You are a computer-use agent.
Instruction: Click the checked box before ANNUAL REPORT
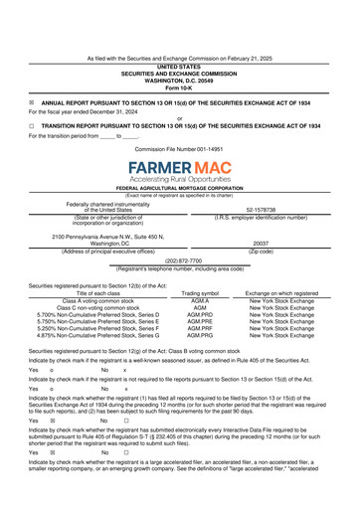(x=32, y=102)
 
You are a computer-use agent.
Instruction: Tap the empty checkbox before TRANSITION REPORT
(x=32, y=127)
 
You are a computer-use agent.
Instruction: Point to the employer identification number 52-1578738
(x=262, y=210)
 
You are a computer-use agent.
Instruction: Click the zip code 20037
(x=262, y=243)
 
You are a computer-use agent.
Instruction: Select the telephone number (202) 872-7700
(x=179, y=261)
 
